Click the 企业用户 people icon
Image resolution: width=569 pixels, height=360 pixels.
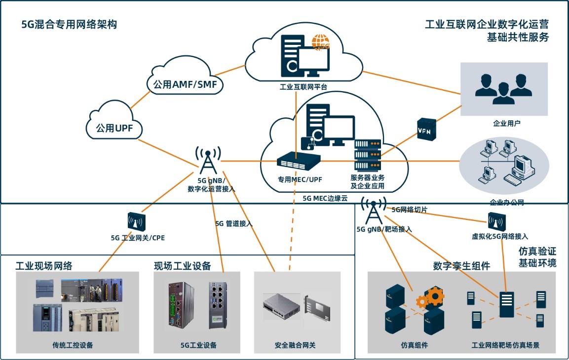[503, 89]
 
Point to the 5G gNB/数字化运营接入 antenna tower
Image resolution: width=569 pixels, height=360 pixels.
[208, 161]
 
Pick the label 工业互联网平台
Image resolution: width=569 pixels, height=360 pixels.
[303, 87]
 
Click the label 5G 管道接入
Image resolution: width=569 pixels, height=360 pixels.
[234, 223]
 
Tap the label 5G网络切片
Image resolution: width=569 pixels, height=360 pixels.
[409, 210]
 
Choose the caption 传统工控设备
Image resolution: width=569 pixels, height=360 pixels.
[73, 345]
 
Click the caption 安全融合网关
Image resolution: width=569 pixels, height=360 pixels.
[295, 345]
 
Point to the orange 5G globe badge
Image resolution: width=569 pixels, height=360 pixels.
[321, 42]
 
